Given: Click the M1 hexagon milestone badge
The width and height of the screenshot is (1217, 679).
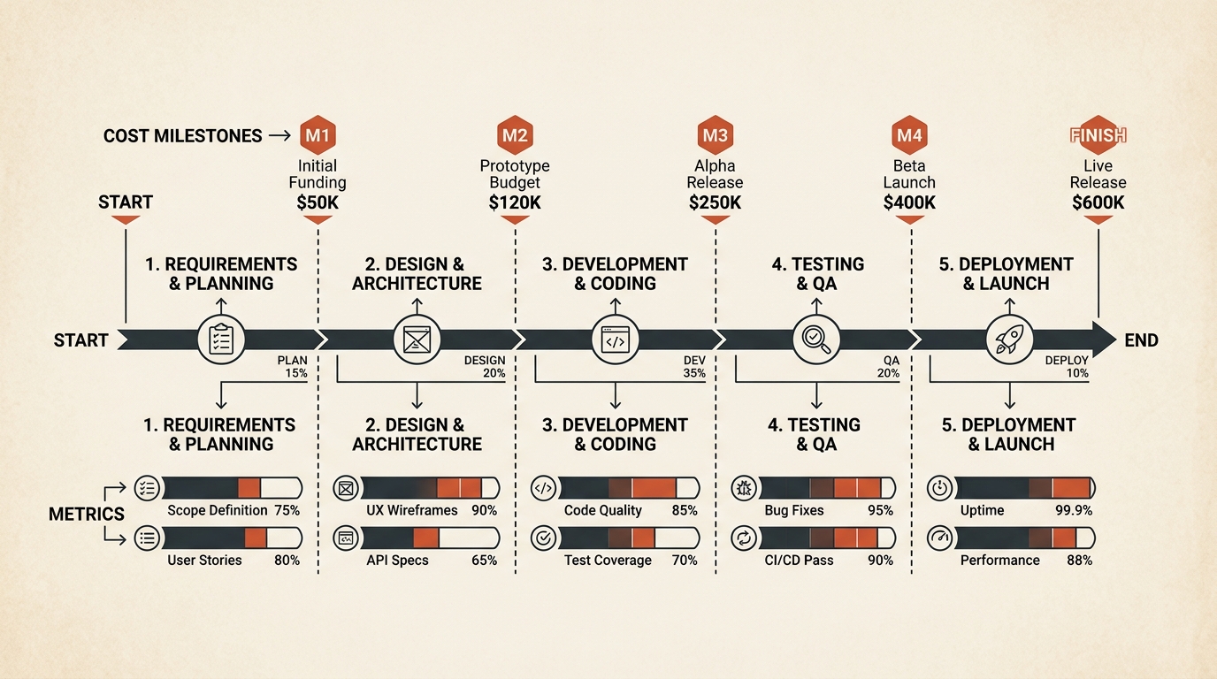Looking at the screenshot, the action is coord(318,134).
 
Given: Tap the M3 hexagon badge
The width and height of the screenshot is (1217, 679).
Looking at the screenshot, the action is coord(715,134).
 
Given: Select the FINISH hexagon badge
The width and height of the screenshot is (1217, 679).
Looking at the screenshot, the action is coord(1098,134).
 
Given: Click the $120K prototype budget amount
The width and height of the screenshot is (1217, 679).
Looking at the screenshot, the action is coord(515,202).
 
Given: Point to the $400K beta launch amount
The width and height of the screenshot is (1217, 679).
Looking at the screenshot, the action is coord(909,202).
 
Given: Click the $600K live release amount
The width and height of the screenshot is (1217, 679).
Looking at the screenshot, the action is coord(1098,202).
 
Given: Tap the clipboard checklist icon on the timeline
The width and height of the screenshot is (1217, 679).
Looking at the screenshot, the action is coord(221,339).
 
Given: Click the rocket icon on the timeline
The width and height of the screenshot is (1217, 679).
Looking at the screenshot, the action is coord(1009,339).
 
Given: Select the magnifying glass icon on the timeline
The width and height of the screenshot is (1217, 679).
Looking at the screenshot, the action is coord(816,339).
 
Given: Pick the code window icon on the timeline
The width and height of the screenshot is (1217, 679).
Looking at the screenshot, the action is coord(615,339).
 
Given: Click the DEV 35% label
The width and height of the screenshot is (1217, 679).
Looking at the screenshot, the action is coord(694,367).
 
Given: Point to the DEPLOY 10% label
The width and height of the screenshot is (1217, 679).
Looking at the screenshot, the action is coord(1067,367).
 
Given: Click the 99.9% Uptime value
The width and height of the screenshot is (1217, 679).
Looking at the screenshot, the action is coord(1074,511).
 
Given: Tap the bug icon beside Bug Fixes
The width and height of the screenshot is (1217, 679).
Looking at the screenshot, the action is coord(744,488).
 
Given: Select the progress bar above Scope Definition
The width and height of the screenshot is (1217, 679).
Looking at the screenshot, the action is coord(232,488).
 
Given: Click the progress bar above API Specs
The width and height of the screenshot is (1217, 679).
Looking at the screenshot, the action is coord(430,538).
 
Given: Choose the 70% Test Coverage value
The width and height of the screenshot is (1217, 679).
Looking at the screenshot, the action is coord(685,560).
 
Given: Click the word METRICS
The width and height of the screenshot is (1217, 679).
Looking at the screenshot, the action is coord(87,514).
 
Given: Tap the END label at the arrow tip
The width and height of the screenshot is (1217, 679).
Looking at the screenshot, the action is coord(1142,340).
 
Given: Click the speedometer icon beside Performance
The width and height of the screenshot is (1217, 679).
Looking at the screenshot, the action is coord(940,538).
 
